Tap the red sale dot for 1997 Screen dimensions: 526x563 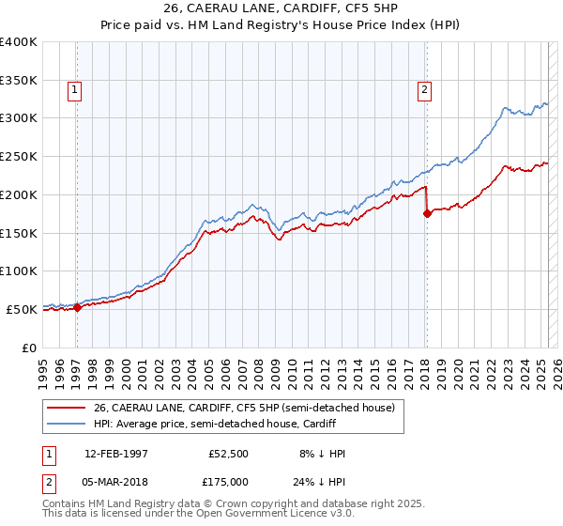[78, 307]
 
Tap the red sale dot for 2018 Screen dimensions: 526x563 [427, 213]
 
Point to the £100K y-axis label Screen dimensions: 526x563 [19, 271]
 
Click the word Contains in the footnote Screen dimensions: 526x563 [66, 504]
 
